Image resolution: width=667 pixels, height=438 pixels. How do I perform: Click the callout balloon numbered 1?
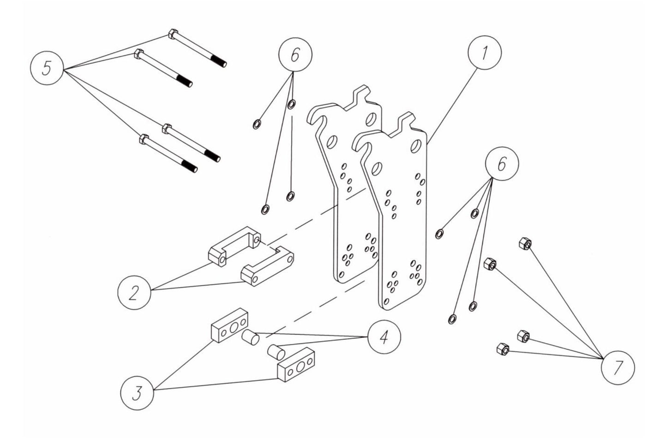coord(484,54)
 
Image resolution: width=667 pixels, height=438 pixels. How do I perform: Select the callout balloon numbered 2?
coord(133,293)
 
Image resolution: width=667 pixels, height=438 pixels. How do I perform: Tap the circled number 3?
coord(137,394)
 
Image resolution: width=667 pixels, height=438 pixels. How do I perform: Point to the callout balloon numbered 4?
coord(384,337)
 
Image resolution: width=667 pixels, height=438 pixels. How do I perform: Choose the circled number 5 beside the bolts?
coord(47,68)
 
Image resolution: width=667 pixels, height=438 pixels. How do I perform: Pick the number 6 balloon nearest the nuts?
coord(502,164)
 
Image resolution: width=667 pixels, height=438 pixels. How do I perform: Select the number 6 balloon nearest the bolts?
coord(295,55)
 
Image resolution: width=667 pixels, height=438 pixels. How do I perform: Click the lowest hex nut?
coord(502,349)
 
